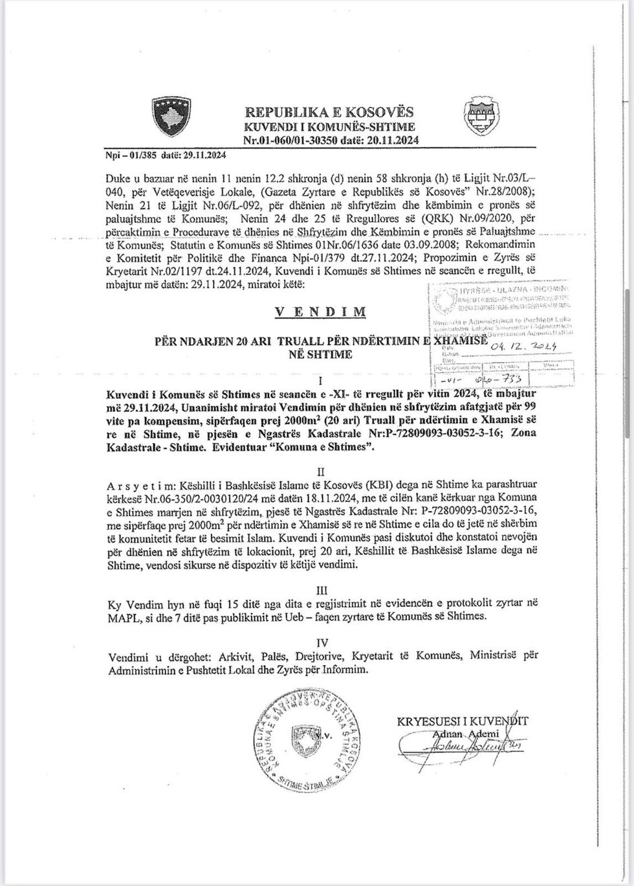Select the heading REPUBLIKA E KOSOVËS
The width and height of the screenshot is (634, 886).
tap(330, 113)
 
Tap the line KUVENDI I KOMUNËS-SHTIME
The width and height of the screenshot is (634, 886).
tap(329, 127)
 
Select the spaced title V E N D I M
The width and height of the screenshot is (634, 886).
tap(320, 312)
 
